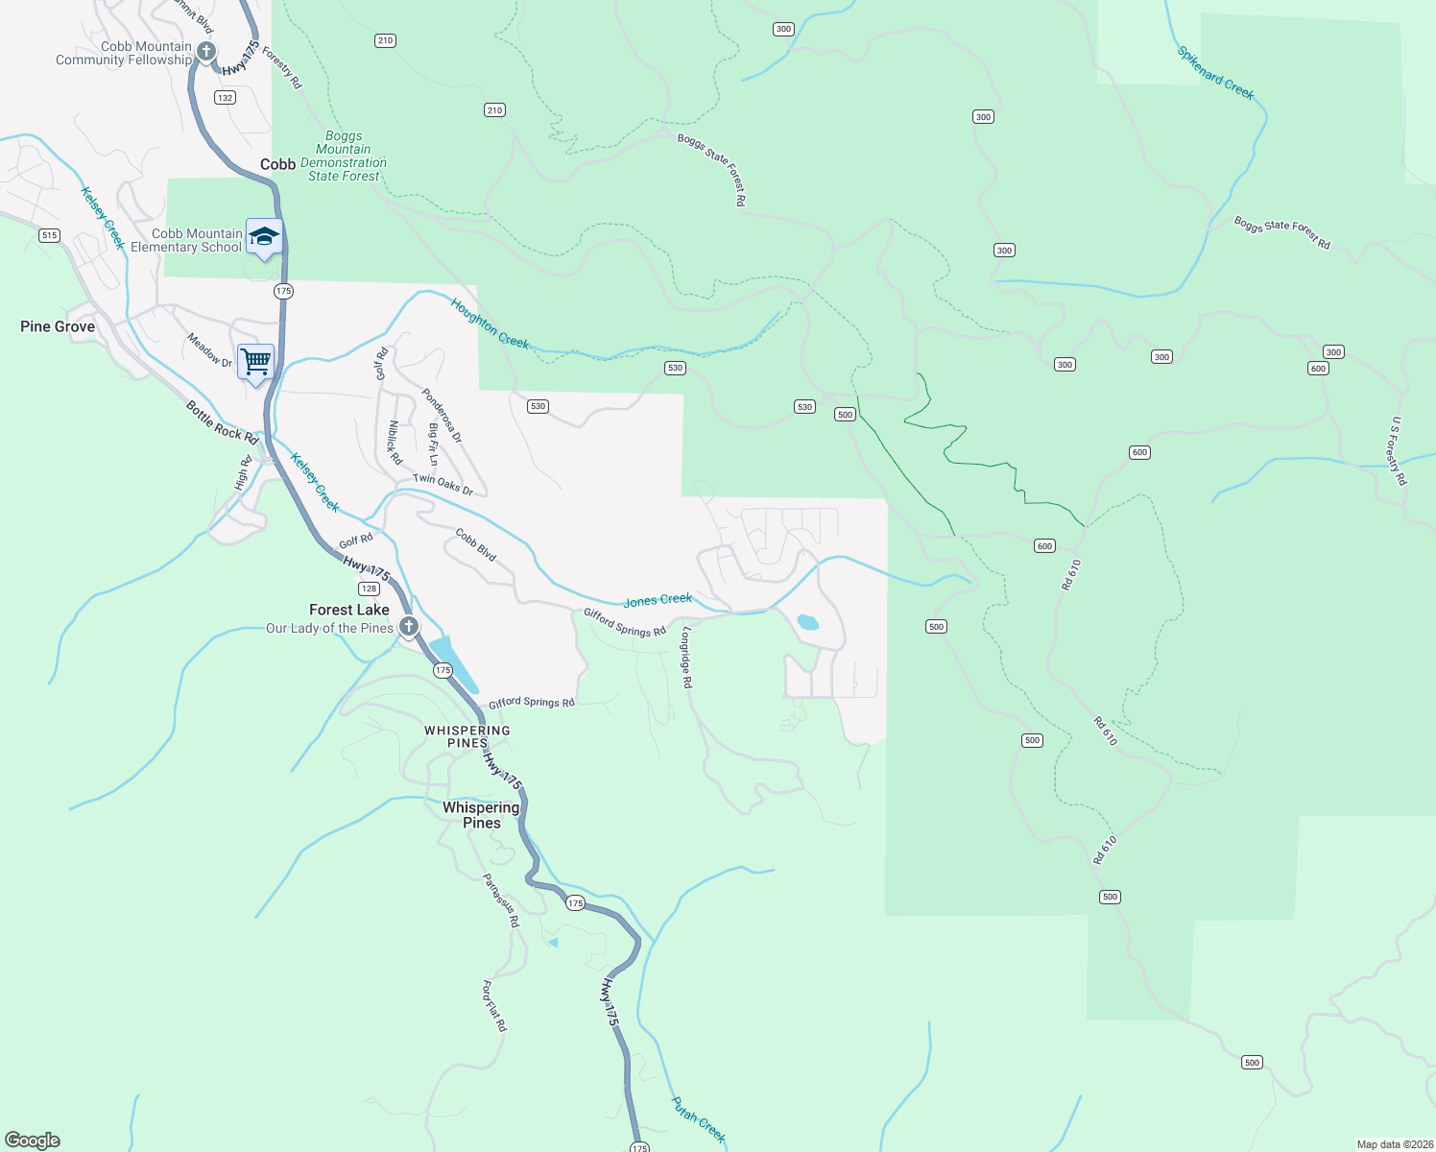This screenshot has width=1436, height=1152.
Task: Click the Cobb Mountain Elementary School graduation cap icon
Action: [x=264, y=236]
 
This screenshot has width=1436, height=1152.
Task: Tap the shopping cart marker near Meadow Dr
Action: [x=256, y=362]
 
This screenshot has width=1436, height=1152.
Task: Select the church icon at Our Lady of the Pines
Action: [x=409, y=628]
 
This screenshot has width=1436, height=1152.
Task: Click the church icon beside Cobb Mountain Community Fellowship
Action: [x=206, y=51]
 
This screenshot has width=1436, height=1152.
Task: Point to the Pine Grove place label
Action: [x=58, y=326]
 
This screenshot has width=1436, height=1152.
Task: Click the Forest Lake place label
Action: [x=349, y=610]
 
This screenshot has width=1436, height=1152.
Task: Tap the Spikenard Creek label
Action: [x=1216, y=73]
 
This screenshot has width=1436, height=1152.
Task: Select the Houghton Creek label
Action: [x=491, y=323]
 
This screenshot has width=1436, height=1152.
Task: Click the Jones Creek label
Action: [x=658, y=600]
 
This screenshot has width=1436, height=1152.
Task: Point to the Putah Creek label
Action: [x=699, y=1120]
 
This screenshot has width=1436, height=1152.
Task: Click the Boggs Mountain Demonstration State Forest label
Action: [x=344, y=156]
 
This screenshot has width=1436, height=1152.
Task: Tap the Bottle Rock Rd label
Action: [x=223, y=422]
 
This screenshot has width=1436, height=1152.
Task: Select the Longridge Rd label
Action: [x=686, y=658]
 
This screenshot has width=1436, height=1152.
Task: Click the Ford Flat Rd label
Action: [x=493, y=1005]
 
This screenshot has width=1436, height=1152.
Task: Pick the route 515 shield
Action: [x=49, y=235]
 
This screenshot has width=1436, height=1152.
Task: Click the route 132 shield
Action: [x=225, y=98]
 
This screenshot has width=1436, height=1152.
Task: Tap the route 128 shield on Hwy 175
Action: [x=369, y=588]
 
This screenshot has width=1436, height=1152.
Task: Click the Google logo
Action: [x=33, y=1140]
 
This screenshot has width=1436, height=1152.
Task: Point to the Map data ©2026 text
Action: [x=1395, y=1144]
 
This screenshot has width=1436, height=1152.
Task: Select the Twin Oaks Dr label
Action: [x=443, y=485]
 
